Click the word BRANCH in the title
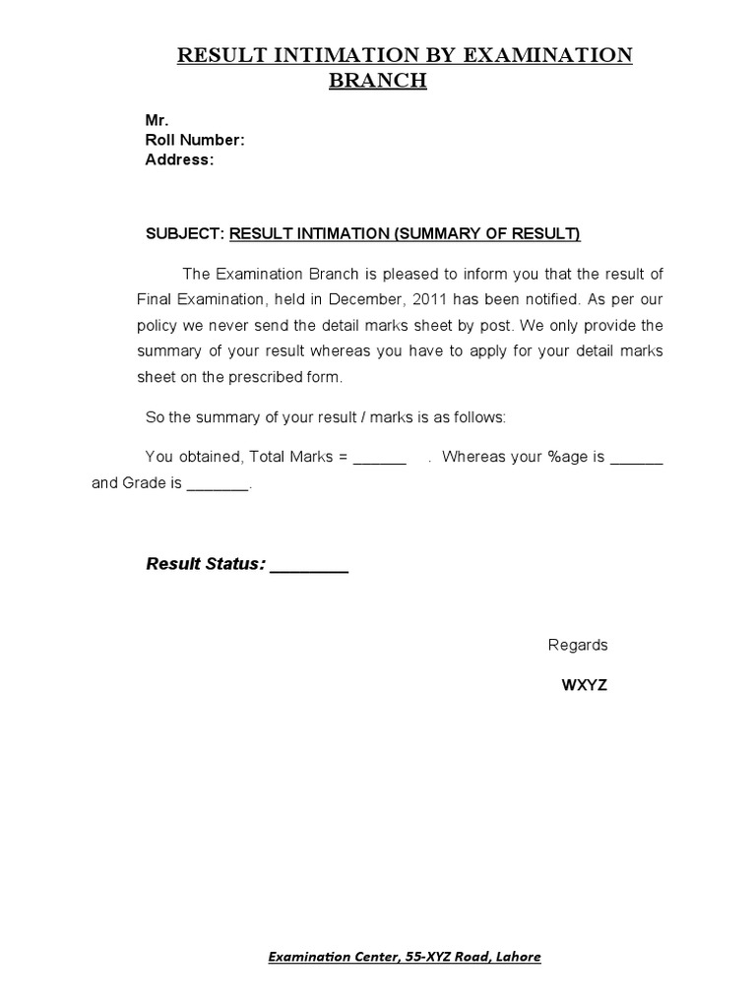(377, 81)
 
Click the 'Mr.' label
(157, 120)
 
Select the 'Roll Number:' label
(195, 140)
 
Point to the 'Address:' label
(179, 159)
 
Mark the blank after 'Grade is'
(218, 484)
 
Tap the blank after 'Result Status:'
(309, 566)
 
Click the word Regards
(578, 646)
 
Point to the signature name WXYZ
(584, 686)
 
